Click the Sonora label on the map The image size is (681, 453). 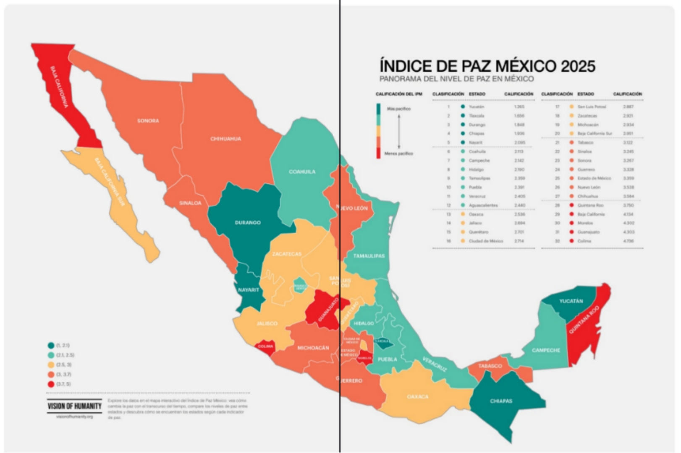tap(148, 121)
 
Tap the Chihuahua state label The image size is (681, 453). tap(225, 139)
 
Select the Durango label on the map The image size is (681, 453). tap(248, 223)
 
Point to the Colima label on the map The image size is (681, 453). tap(265, 346)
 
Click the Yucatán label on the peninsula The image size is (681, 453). tap(571, 301)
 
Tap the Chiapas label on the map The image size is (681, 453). tap(501, 401)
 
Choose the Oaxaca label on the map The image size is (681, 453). tap(418, 397)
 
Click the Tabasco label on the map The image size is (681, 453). tap(490, 366)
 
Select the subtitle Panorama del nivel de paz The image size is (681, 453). tap(456, 79)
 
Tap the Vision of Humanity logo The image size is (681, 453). tap(74, 406)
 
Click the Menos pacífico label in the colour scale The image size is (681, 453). tap(398, 154)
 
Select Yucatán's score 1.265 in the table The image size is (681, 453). tap(519, 107)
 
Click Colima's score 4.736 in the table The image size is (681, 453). tap(628, 241)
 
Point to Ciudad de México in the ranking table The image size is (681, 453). tap(486, 241)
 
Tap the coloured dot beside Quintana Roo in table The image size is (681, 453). tap(571, 206)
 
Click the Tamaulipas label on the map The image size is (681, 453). tap(369, 256)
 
